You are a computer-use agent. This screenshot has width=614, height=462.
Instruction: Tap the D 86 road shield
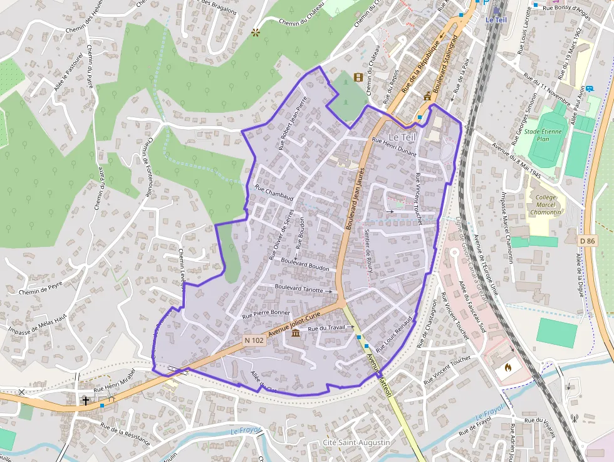coord(586,241)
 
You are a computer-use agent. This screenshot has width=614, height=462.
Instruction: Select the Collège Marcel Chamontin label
coord(545,204)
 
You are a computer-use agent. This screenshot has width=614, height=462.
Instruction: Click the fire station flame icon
coord(507,366)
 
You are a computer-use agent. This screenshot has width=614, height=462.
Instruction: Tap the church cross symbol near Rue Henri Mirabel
coord(85,400)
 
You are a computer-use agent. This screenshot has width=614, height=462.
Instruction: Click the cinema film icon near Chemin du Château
coord(358,78)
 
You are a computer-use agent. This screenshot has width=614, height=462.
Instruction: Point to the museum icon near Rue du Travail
coord(295,332)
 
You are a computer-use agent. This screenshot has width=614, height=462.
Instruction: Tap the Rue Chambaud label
coord(274,192)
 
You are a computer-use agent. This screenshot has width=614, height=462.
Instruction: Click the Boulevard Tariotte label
coord(299,288)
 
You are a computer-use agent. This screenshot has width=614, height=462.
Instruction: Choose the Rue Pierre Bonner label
coord(266,313)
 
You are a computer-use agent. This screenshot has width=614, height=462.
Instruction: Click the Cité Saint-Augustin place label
coord(356,443)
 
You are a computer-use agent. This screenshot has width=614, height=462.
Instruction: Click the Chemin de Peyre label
coord(41,288)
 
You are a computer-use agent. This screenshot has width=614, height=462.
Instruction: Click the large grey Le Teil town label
coord(402,136)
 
